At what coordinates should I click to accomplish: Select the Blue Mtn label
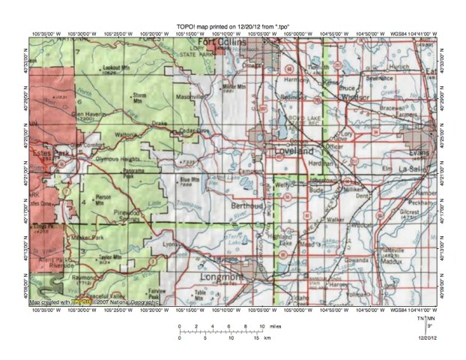pos(187,179)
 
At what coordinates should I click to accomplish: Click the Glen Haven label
pos(86,114)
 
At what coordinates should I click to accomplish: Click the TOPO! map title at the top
pos(233,25)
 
